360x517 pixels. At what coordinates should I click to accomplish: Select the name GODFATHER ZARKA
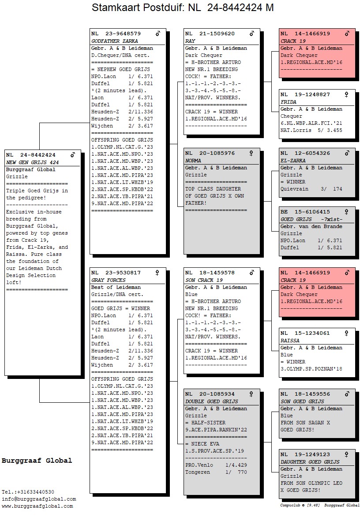(114, 41)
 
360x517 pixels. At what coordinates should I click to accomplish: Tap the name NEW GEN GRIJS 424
(32, 162)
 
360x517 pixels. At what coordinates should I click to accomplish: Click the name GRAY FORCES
(108, 280)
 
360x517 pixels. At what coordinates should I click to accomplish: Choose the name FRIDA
(289, 102)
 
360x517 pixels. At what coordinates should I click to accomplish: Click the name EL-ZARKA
(292, 161)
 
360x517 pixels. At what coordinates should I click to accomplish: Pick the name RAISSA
(290, 341)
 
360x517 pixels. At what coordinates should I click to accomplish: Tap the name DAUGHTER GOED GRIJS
(310, 462)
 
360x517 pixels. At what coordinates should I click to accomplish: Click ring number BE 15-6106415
(305, 212)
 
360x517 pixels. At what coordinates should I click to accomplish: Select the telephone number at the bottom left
(28, 492)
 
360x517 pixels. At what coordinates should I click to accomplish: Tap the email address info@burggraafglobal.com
(39, 499)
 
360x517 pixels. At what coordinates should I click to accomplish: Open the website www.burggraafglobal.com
(37, 506)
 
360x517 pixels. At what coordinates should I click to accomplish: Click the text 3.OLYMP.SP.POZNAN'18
(311, 369)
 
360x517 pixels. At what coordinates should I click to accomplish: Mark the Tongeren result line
(216, 472)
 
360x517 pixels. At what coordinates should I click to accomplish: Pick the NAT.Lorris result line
(311, 130)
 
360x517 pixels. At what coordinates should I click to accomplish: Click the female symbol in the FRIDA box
(347, 94)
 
